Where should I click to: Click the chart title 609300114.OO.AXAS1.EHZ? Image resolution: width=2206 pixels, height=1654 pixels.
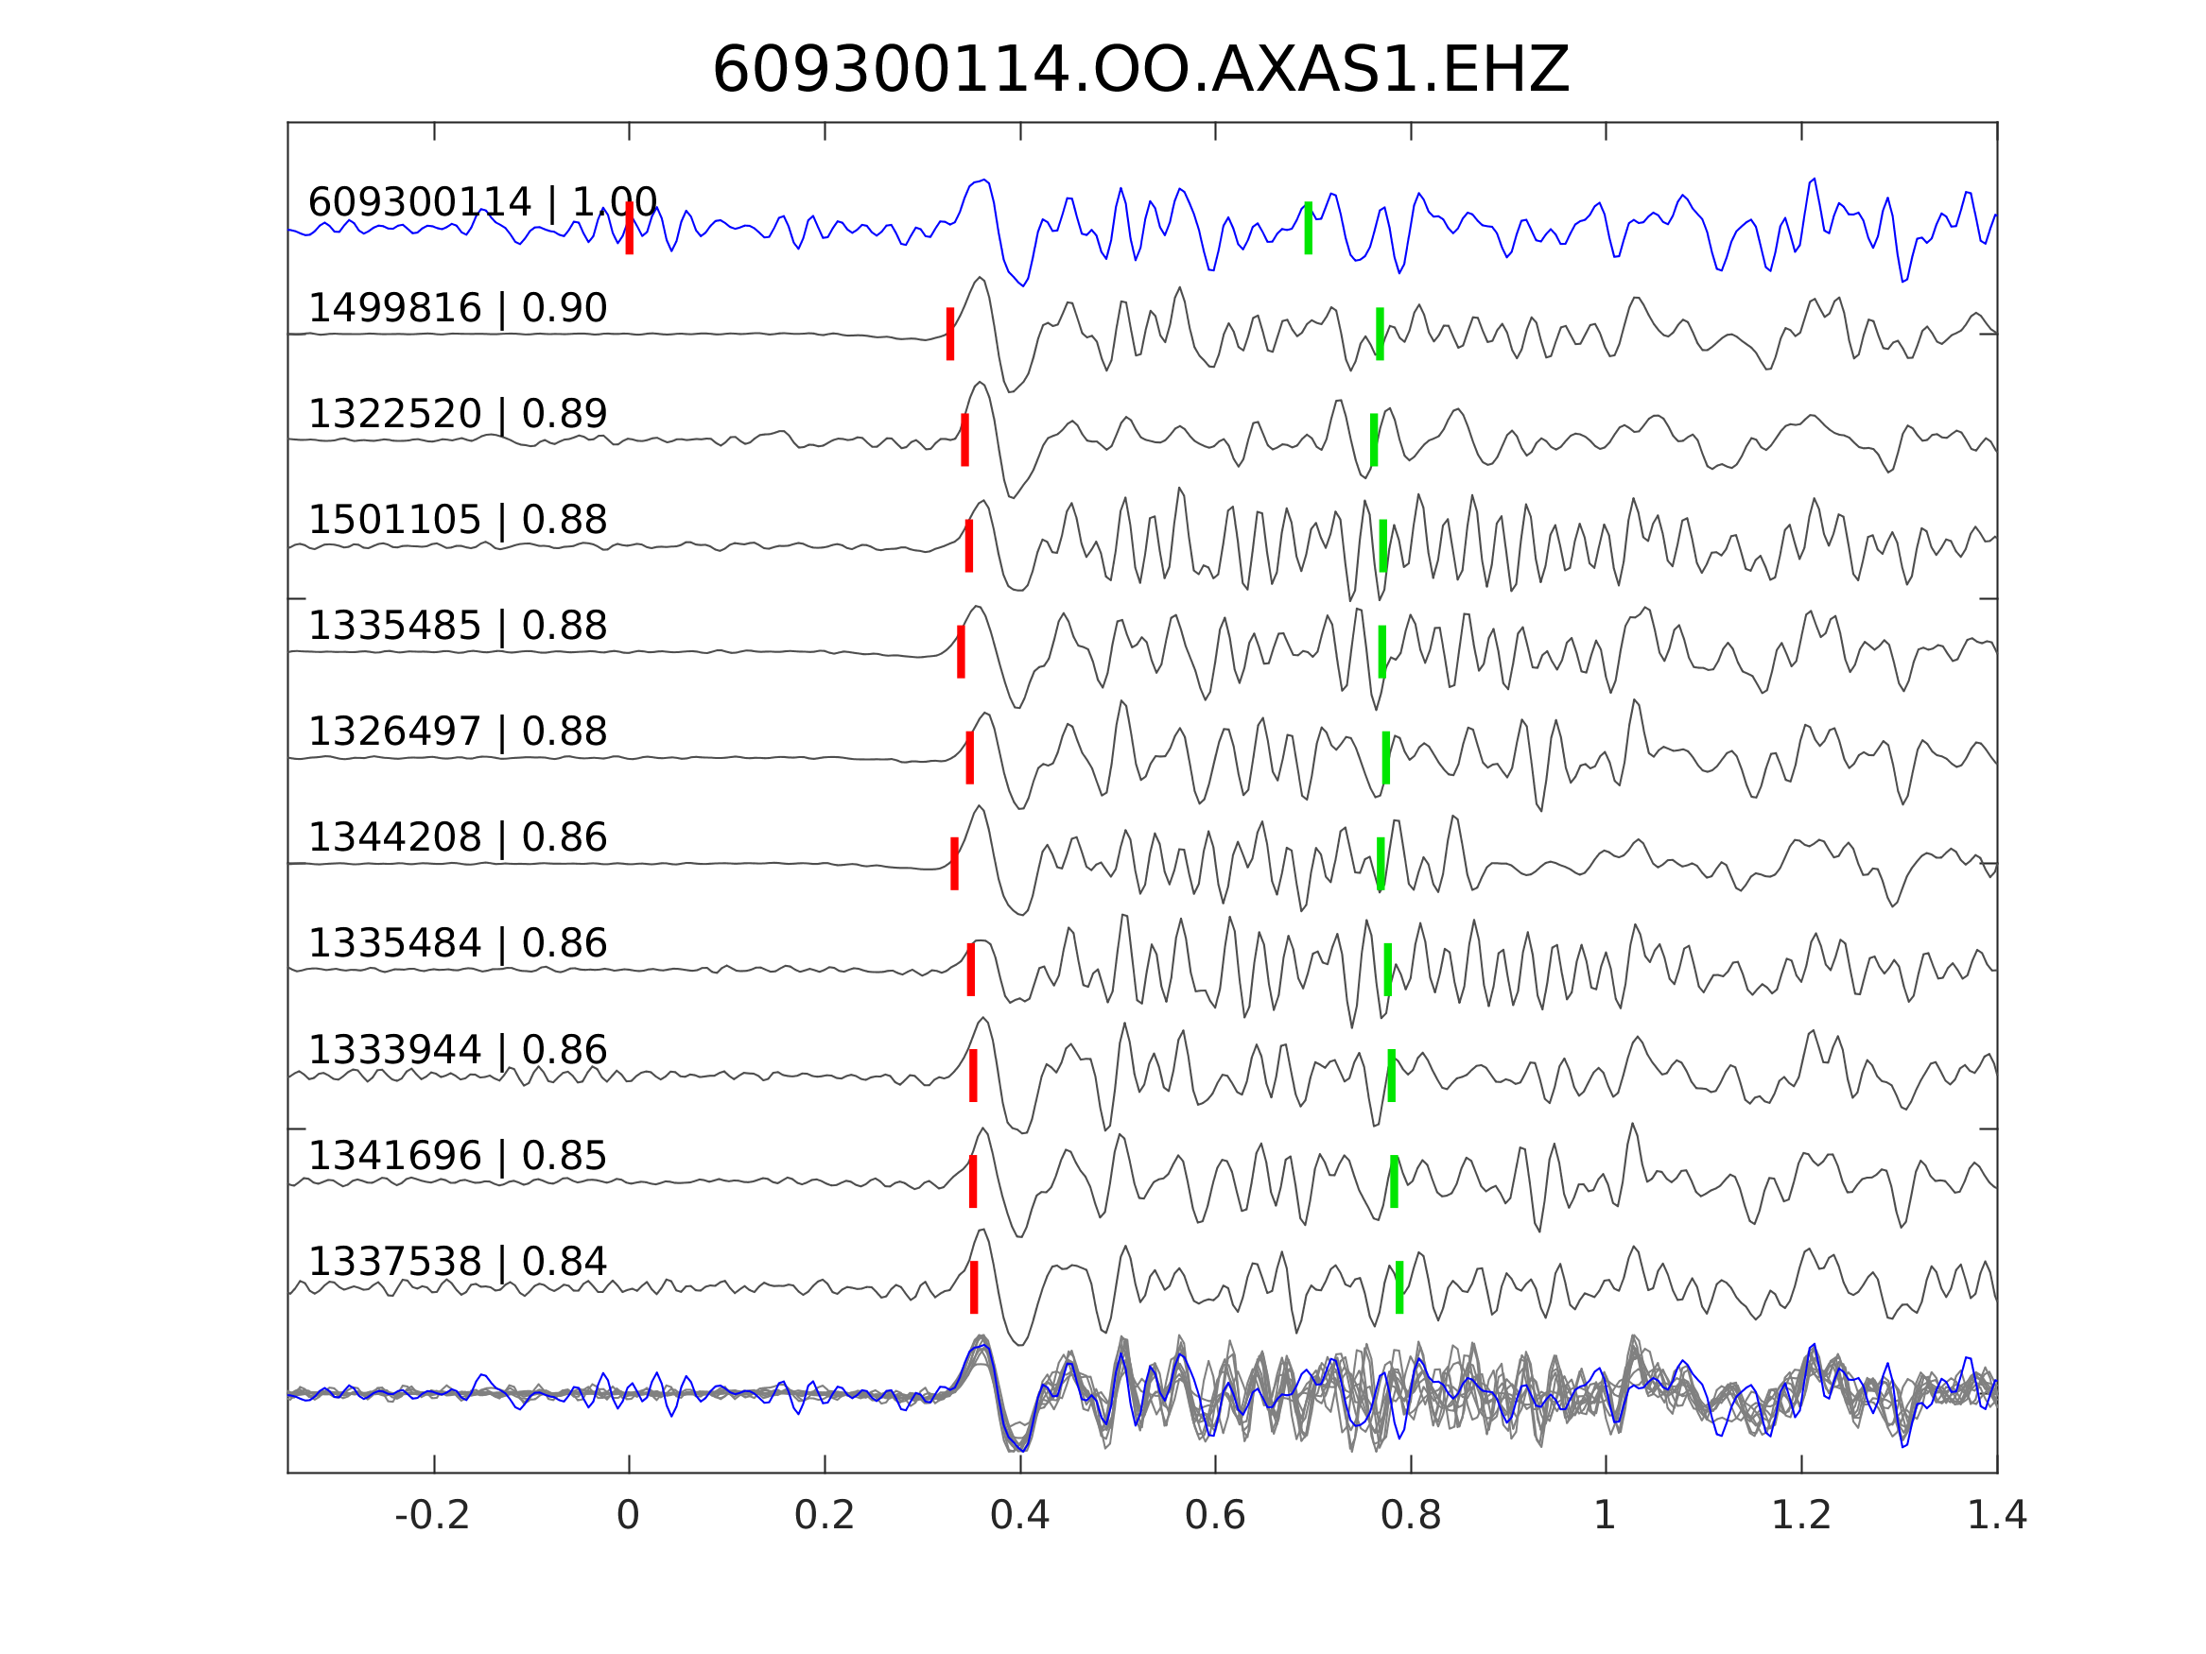click(1140, 71)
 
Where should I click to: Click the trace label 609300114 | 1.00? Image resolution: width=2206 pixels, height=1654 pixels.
click(482, 202)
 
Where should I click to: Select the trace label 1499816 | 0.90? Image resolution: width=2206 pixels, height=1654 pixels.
click(458, 308)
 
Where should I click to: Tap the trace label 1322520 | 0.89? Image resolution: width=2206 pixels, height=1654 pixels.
click(458, 414)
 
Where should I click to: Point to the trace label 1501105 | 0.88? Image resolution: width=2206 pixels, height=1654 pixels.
click(458, 520)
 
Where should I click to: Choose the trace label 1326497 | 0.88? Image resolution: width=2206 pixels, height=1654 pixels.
click(458, 731)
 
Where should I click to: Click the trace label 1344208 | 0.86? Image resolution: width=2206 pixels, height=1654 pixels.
click(458, 837)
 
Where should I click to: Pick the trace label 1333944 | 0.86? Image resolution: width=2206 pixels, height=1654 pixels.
click(458, 1050)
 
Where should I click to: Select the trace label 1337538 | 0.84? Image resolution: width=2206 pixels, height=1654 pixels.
click(458, 1261)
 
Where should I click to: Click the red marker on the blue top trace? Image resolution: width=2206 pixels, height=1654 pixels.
click(630, 228)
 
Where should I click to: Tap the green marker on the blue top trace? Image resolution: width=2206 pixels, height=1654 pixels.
click(1309, 228)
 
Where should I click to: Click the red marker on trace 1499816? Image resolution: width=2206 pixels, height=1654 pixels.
click(950, 334)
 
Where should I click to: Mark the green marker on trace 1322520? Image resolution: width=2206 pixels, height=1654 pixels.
click(1374, 439)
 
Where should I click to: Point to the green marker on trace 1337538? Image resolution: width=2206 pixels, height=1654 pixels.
click(1400, 1287)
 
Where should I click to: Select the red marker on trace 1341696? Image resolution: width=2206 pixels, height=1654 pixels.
click(973, 1181)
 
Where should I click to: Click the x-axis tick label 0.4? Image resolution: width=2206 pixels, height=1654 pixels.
click(1019, 1516)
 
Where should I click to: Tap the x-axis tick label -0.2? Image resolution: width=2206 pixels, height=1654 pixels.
click(432, 1516)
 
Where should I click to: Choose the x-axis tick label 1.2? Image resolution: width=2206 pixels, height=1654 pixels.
click(1801, 1516)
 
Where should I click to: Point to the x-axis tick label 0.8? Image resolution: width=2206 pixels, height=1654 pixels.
click(1410, 1516)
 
